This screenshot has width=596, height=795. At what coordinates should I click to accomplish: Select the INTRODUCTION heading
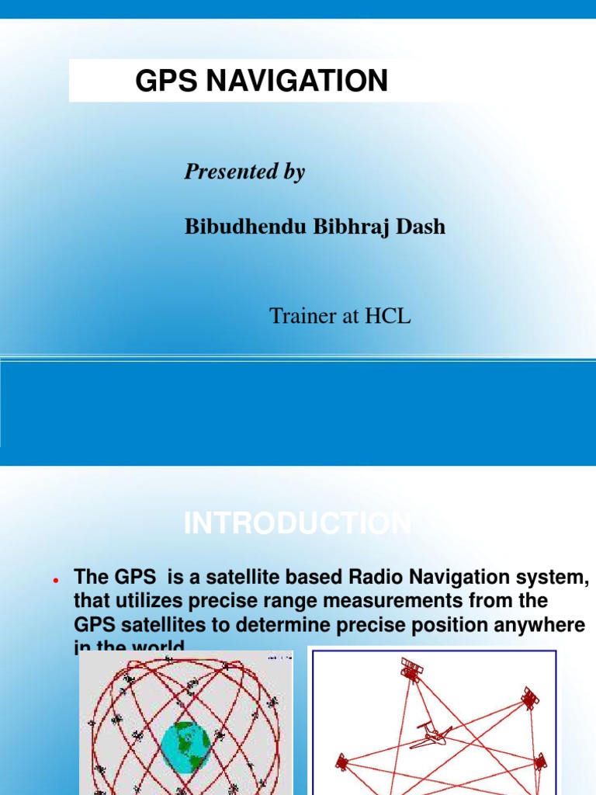click(x=297, y=524)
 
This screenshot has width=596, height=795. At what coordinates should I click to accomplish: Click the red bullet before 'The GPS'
click(x=56, y=581)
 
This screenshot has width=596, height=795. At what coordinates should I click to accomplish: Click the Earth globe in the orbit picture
click(x=185, y=745)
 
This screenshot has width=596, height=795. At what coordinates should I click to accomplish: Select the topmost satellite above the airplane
click(x=411, y=669)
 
